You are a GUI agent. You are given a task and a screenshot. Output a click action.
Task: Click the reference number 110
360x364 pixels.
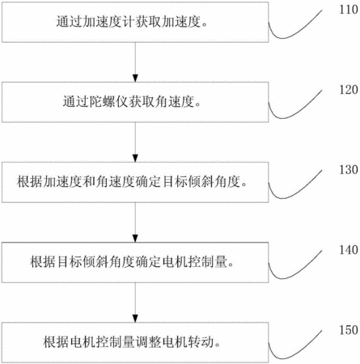click(x=349, y=10)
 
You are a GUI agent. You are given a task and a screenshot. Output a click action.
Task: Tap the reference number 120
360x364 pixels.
click(x=349, y=90)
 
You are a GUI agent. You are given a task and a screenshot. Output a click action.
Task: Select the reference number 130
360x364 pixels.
click(x=349, y=170)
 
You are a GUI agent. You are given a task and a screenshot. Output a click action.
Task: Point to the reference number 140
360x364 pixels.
click(x=349, y=250)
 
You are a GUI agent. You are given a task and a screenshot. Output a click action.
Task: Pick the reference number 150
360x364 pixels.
click(x=349, y=330)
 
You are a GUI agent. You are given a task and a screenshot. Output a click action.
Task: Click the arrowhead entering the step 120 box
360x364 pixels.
click(x=135, y=78)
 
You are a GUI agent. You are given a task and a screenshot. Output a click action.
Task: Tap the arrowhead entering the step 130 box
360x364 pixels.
click(x=135, y=158)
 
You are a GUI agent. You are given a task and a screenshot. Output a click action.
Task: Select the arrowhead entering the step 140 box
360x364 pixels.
click(x=135, y=238)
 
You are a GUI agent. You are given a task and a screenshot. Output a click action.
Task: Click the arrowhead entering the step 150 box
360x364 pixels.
click(x=135, y=318)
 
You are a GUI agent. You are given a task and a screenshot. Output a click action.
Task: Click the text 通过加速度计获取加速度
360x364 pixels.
click(x=129, y=22)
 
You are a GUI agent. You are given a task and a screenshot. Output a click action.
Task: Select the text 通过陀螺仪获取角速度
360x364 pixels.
click(x=129, y=102)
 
